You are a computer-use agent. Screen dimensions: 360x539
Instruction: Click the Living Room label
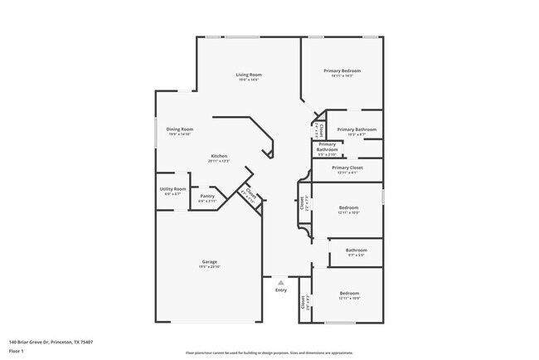[249, 75]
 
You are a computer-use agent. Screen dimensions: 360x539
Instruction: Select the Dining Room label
[180, 129]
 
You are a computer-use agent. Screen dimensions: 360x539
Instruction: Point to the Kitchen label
[219, 156]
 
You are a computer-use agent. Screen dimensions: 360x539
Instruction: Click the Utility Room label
[172, 189]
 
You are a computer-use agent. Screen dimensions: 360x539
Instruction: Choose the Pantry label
[206, 197]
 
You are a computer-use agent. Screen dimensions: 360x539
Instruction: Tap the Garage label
[209, 261]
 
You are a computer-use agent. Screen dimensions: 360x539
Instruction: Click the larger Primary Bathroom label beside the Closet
[357, 129]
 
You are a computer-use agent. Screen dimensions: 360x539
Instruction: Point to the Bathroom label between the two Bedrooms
[357, 250]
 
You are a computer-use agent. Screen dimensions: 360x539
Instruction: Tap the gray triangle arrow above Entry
[280, 283]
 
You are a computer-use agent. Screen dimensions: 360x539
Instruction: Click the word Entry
[280, 289]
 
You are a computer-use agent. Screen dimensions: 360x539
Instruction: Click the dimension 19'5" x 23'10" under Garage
[209, 266]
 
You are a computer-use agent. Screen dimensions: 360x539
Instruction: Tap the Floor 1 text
[17, 351]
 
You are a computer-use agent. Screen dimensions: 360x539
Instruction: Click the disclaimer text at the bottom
[269, 352]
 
